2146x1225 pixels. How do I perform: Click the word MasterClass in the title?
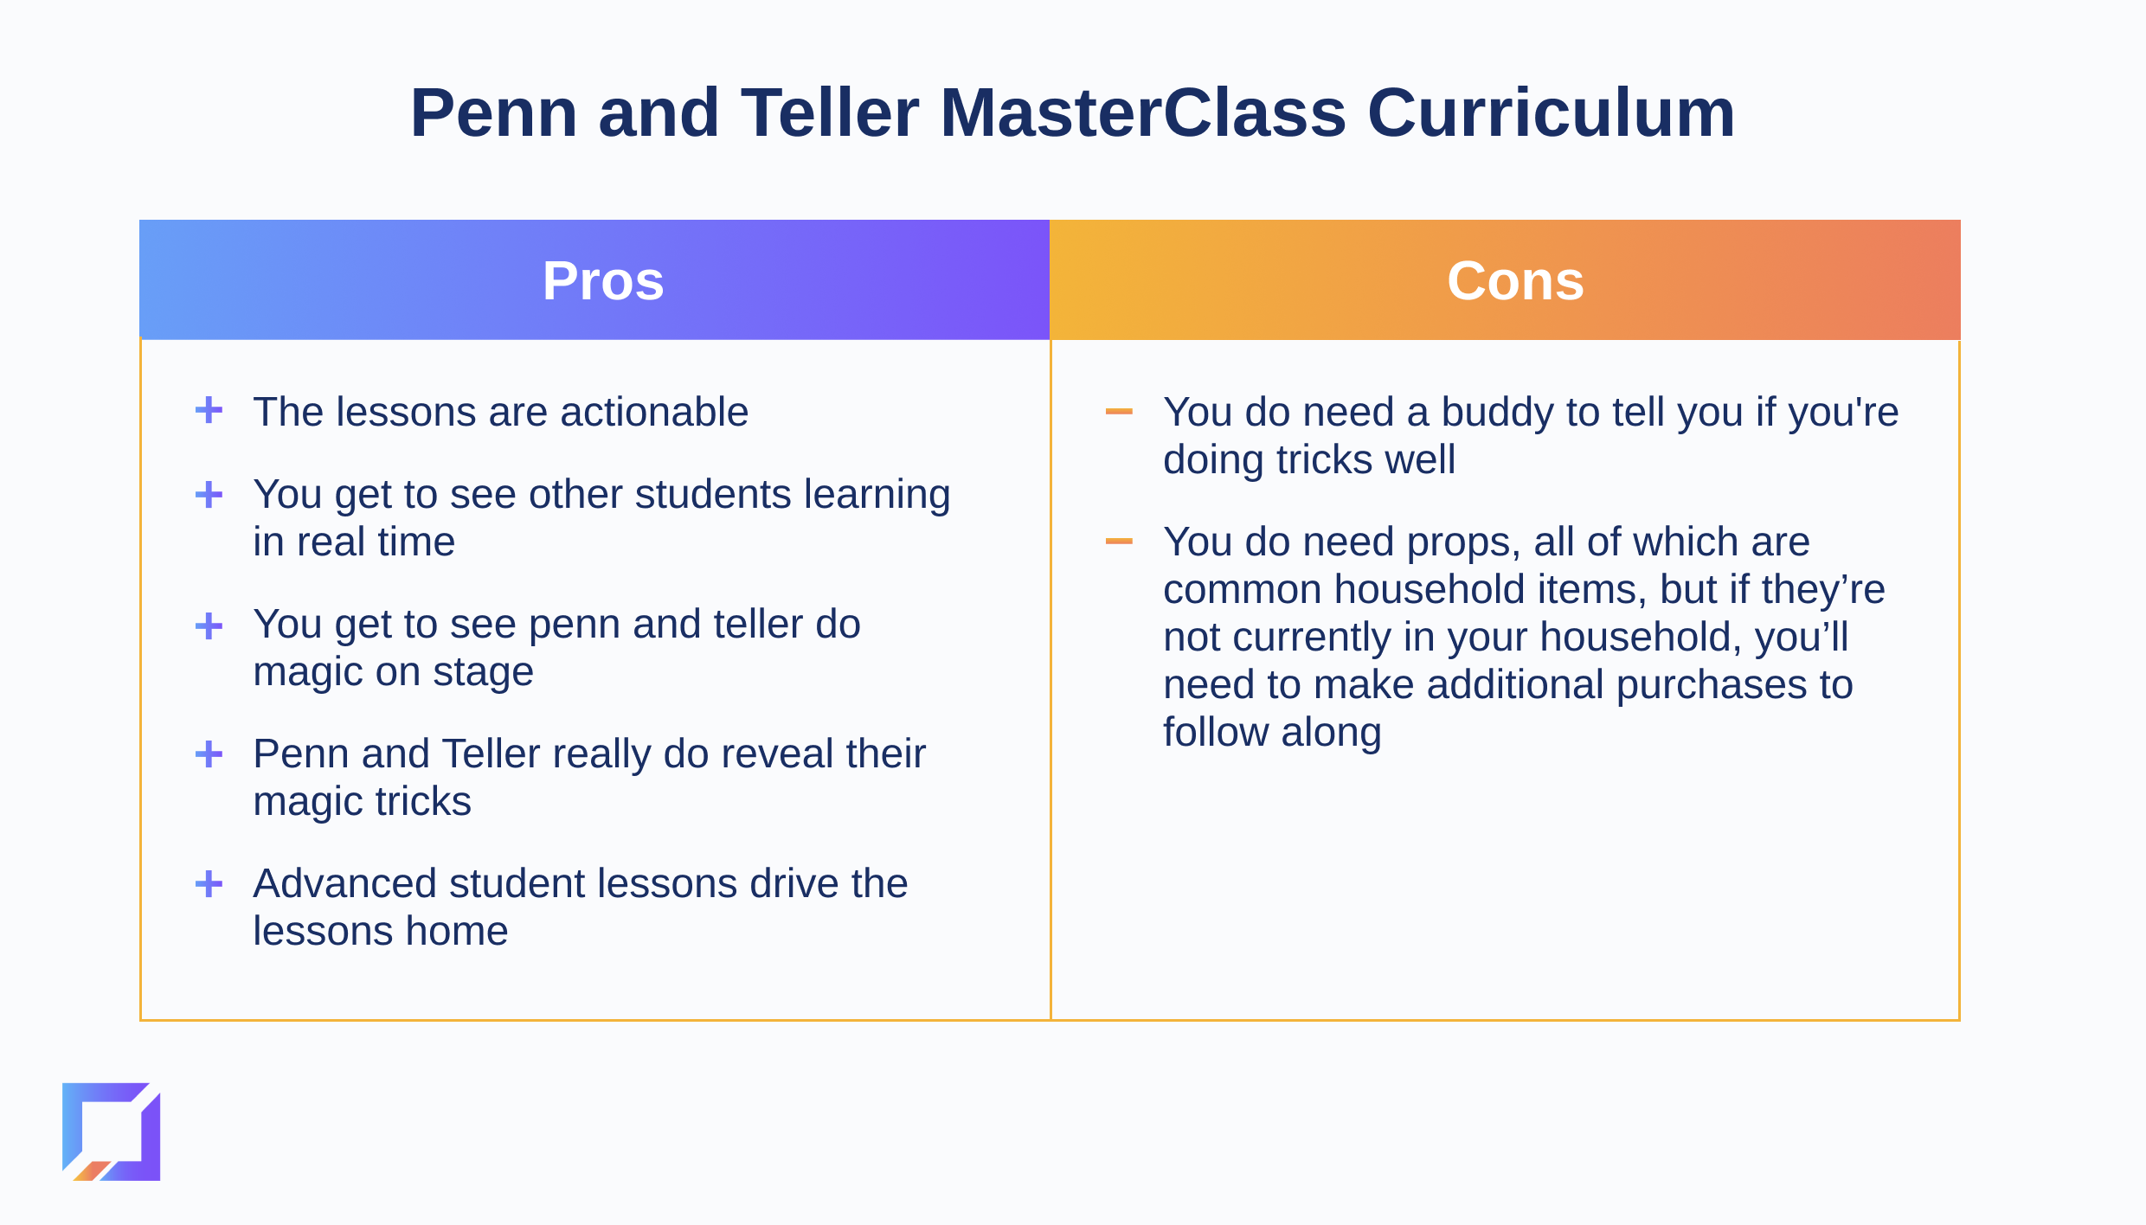[1143, 112]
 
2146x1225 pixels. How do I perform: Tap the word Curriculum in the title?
[1551, 112]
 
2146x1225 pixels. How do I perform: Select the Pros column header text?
[603, 280]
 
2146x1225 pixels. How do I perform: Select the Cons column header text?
[1515, 280]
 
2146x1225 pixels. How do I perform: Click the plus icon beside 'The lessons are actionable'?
[209, 410]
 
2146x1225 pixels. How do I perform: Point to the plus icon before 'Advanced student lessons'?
[209, 883]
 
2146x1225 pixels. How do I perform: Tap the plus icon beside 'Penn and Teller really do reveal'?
[209, 754]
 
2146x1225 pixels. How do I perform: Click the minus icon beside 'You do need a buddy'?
[1119, 411]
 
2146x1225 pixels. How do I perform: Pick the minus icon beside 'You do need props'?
[1119, 541]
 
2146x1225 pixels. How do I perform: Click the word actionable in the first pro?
[654, 412]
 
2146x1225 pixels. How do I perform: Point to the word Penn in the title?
[494, 112]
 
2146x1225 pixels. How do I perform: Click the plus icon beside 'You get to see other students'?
[209, 494]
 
